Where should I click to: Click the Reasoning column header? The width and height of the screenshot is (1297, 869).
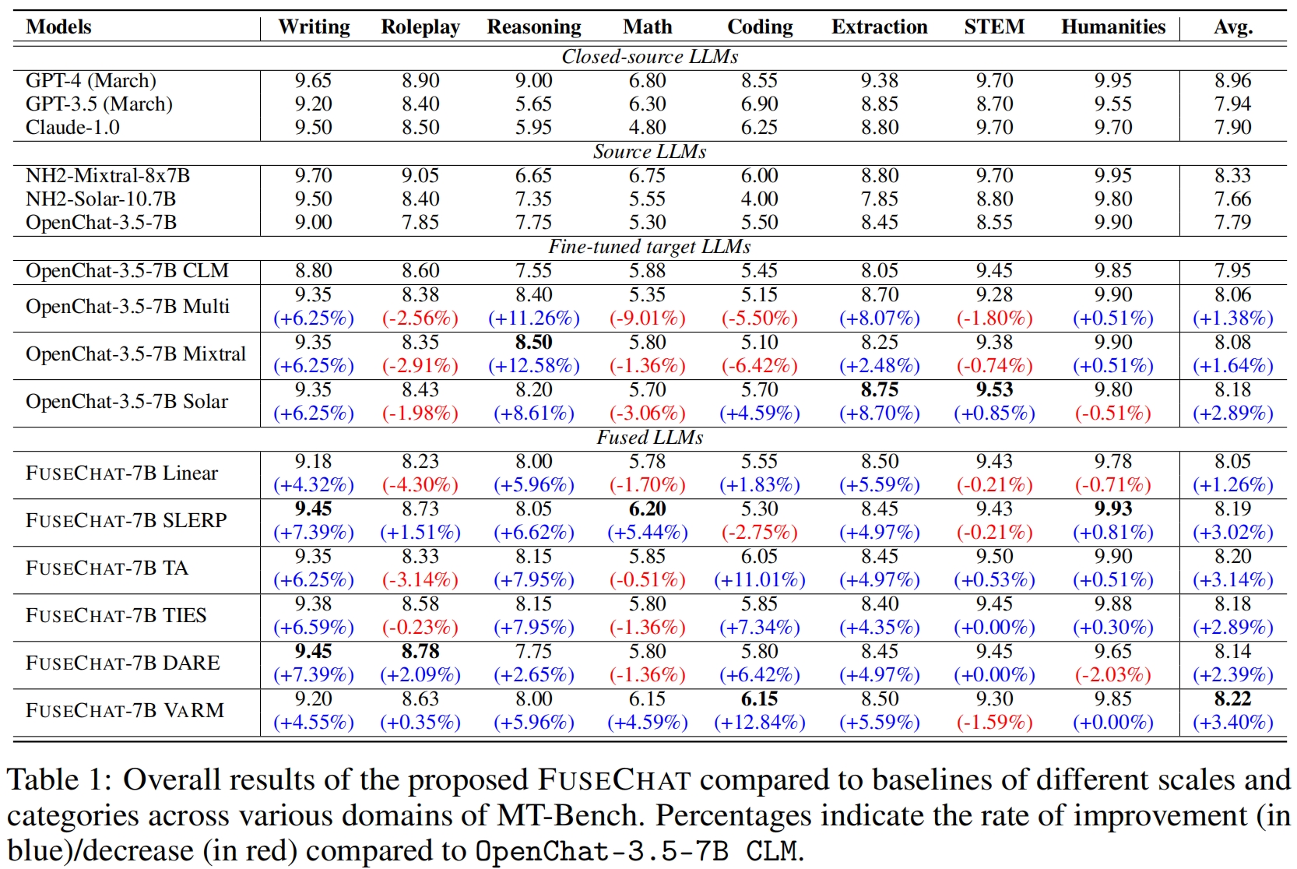click(x=534, y=27)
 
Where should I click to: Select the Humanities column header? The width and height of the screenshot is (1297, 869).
click(x=1113, y=27)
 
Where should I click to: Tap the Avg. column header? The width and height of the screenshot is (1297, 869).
click(x=1233, y=27)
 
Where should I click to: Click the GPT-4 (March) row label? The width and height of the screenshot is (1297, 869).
click(x=91, y=81)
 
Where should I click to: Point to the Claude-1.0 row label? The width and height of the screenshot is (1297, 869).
click(x=72, y=128)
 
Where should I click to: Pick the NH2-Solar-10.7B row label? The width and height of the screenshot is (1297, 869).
click(x=101, y=199)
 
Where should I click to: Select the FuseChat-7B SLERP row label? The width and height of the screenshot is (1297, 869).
click(x=126, y=521)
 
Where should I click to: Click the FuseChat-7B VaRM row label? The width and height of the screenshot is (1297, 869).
click(x=125, y=711)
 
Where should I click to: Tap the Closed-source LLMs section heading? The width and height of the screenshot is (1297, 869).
click(x=649, y=57)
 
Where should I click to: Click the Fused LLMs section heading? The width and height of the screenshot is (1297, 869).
click(x=649, y=438)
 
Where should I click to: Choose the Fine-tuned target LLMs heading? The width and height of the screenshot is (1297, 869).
click(x=649, y=247)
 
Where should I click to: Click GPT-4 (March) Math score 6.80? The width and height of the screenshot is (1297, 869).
click(x=647, y=81)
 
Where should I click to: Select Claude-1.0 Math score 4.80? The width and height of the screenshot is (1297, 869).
click(x=647, y=128)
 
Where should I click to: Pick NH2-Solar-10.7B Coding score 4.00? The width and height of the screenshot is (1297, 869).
click(x=759, y=199)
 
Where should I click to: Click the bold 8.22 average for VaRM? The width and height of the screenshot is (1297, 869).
click(x=1233, y=699)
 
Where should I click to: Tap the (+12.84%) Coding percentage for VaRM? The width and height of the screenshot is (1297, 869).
click(x=759, y=723)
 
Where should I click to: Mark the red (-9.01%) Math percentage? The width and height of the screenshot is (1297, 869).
click(x=647, y=318)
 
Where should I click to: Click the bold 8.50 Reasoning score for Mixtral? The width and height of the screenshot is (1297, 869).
click(x=534, y=343)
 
